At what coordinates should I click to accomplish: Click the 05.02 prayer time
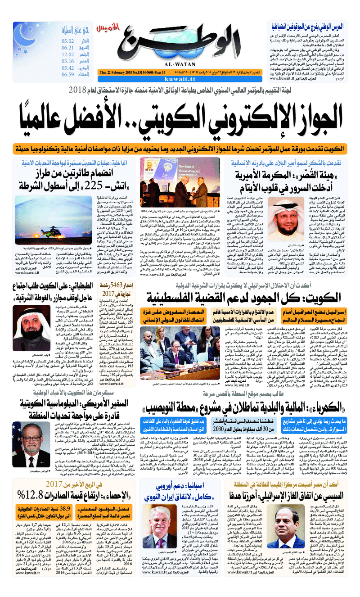pos(68,41)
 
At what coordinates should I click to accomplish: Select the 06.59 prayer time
pos(68,75)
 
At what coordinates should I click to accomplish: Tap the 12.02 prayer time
pos(68,54)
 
